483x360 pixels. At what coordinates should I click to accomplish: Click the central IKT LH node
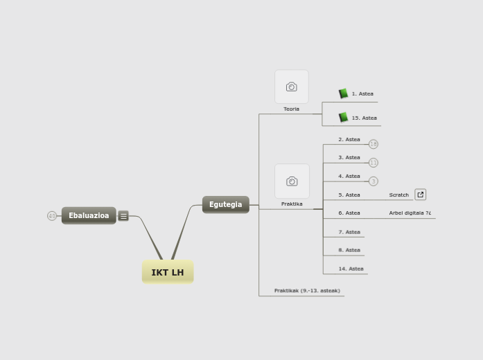[168, 272]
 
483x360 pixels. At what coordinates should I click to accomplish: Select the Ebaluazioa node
[89, 215]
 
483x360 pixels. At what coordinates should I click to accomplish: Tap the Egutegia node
[226, 204]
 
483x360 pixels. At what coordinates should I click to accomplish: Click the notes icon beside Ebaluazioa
[123, 216]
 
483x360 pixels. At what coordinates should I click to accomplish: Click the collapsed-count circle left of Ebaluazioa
[52, 216]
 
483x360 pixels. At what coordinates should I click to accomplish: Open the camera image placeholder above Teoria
[292, 87]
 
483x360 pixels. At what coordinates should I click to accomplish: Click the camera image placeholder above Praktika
[292, 181]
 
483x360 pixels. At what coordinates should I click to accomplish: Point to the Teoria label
[292, 109]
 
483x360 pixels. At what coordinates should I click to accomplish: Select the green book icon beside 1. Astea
[343, 93]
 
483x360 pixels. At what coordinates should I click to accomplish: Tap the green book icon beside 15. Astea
[343, 118]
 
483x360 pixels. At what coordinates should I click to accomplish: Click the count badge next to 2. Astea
[374, 144]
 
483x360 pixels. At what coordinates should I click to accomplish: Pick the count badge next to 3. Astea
[374, 163]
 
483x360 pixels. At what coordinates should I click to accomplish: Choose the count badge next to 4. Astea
[374, 181]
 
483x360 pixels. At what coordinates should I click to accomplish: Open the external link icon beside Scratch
[421, 195]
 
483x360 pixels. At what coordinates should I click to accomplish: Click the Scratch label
[399, 195]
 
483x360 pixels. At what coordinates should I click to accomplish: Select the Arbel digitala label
[410, 213]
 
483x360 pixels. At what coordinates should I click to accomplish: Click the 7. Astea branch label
[349, 232]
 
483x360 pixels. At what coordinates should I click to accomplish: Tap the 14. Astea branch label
[351, 269]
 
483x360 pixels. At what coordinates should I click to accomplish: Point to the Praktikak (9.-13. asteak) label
[307, 291]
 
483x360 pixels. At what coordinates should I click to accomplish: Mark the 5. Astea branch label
[349, 195]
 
